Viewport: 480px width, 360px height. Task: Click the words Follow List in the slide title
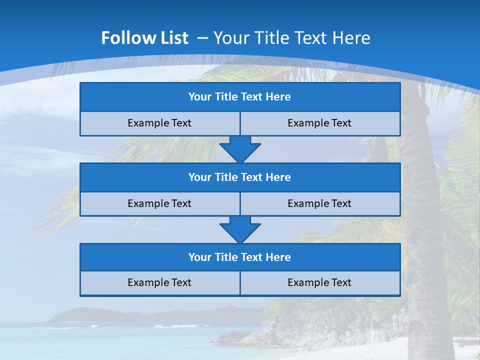click(144, 38)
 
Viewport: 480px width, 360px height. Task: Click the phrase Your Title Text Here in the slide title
click(291, 38)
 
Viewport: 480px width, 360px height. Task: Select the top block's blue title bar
click(240, 97)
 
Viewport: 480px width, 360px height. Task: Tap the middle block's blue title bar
click(240, 177)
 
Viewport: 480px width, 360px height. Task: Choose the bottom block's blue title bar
click(240, 257)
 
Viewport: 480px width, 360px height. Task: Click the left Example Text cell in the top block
click(159, 123)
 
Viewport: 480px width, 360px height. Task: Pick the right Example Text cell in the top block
click(320, 123)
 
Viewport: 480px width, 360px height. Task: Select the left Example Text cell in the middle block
click(159, 204)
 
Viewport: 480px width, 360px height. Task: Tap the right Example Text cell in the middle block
click(320, 204)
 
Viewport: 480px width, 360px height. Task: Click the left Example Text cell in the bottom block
click(159, 283)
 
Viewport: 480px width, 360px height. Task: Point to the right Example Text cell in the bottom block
click(320, 283)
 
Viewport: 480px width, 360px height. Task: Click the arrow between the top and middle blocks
click(240, 149)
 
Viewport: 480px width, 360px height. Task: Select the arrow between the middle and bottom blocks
click(240, 229)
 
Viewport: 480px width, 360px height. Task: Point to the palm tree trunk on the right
click(422, 210)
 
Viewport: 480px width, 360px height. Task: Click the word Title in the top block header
click(226, 97)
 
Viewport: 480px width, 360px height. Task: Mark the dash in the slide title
click(203, 38)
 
